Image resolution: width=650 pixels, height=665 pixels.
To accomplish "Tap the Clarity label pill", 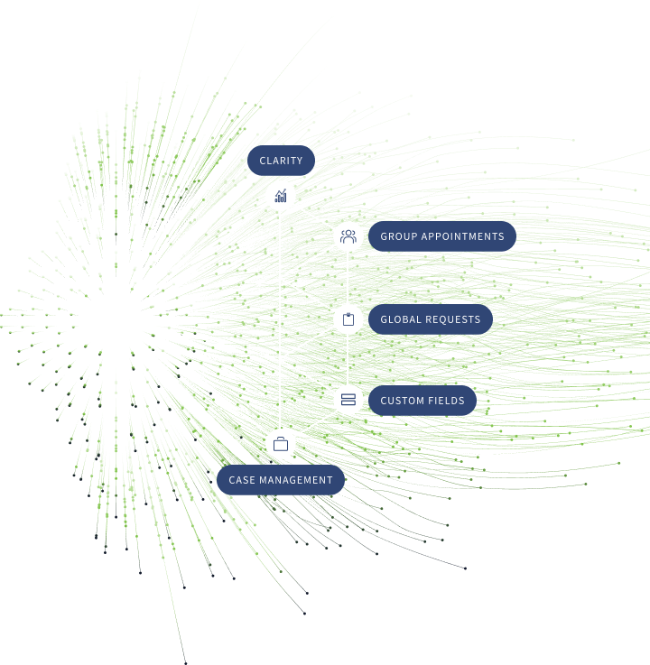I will click(x=281, y=161).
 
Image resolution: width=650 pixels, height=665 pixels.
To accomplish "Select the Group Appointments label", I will click(x=441, y=236).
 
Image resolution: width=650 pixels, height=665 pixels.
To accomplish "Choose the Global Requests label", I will click(x=430, y=319).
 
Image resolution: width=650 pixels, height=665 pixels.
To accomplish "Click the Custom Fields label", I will click(x=422, y=401).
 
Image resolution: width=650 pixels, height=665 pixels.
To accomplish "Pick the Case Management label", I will click(x=280, y=480).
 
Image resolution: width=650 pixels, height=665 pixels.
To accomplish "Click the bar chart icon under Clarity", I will click(x=281, y=195).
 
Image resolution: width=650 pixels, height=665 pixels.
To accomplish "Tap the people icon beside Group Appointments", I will click(x=348, y=236).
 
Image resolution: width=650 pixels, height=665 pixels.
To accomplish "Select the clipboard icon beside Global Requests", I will click(x=348, y=319).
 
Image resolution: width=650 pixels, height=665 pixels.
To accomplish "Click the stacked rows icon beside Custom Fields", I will click(x=348, y=400).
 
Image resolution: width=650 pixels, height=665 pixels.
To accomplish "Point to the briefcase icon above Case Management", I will click(x=281, y=444).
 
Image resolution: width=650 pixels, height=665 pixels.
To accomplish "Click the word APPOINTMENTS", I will click(x=461, y=236).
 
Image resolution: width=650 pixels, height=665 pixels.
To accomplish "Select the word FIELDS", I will click(x=446, y=401).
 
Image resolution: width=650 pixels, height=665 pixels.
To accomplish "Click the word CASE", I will click(x=242, y=480).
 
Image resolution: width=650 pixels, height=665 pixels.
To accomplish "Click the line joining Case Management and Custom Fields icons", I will click(x=314, y=422).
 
